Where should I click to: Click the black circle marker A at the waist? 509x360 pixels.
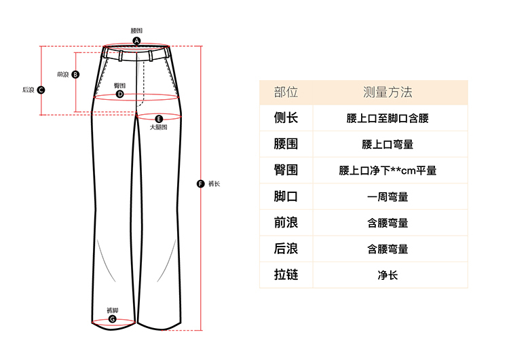[x=136, y=41]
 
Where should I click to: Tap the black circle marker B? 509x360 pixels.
[x=75, y=75]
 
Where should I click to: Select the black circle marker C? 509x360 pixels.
[x=41, y=90]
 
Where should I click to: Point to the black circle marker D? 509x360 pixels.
[x=119, y=94]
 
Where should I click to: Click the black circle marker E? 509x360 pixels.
[x=159, y=118]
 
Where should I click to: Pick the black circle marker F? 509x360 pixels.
[x=200, y=183]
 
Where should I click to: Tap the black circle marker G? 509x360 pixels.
[x=113, y=319]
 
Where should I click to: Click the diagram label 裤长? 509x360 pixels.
[x=214, y=183]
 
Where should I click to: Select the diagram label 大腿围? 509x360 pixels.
[x=158, y=127]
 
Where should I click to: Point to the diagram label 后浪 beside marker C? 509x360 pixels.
[x=29, y=90]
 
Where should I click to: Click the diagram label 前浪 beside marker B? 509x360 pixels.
[x=63, y=75]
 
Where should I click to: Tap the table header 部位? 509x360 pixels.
[x=286, y=92]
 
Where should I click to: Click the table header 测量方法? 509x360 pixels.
[x=388, y=92]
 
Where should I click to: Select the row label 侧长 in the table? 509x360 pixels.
[x=286, y=118]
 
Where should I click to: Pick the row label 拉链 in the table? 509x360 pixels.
[x=286, y=275]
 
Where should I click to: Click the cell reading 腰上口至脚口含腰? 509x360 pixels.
[x=388, y=119]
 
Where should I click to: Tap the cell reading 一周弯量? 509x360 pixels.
[x=388, y=197]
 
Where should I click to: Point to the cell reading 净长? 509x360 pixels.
[x=388, y=275]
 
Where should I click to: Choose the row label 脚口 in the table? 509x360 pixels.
[x=286, y=197]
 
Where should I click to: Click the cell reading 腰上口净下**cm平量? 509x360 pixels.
[x=388, y=170]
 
